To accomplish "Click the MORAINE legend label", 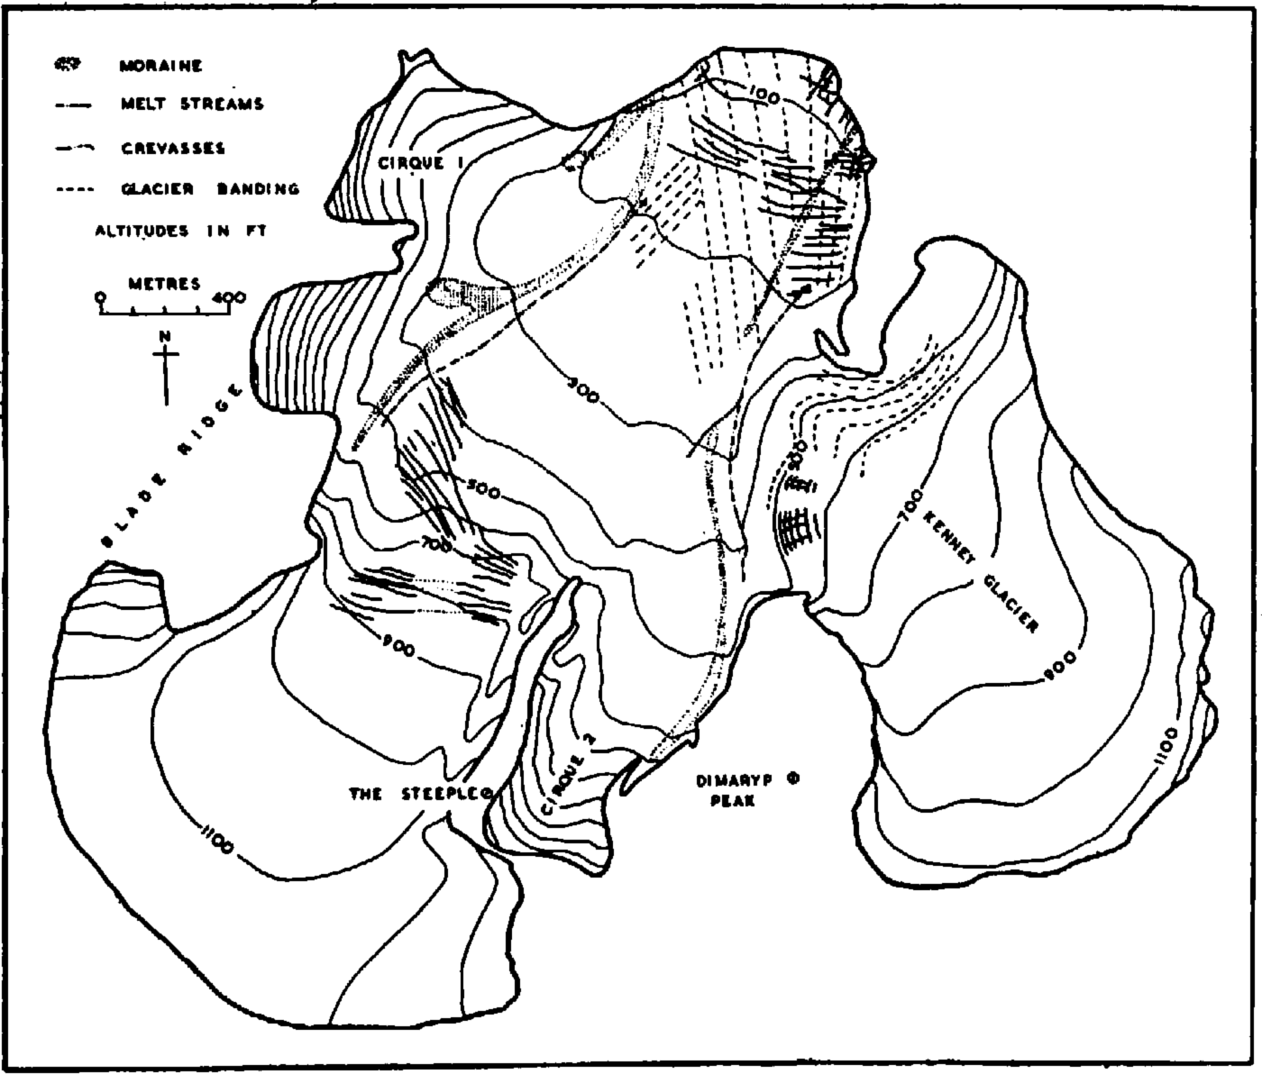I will [x=160, y=66].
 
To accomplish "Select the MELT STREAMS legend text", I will [x=191, y=105].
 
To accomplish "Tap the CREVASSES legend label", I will [x=172, y=148].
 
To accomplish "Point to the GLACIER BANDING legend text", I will [x=209, y=189].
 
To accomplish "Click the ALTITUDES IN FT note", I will [x=181, y=232].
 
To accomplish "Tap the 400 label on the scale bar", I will [x=230, y=296].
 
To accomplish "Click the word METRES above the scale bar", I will [x=165, y=284].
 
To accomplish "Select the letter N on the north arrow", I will [x=165, y=336].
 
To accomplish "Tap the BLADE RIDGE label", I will [x=170, y=467].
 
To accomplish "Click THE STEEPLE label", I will [x=416, y=794].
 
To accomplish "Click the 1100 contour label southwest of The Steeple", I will [x=214, y=835].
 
